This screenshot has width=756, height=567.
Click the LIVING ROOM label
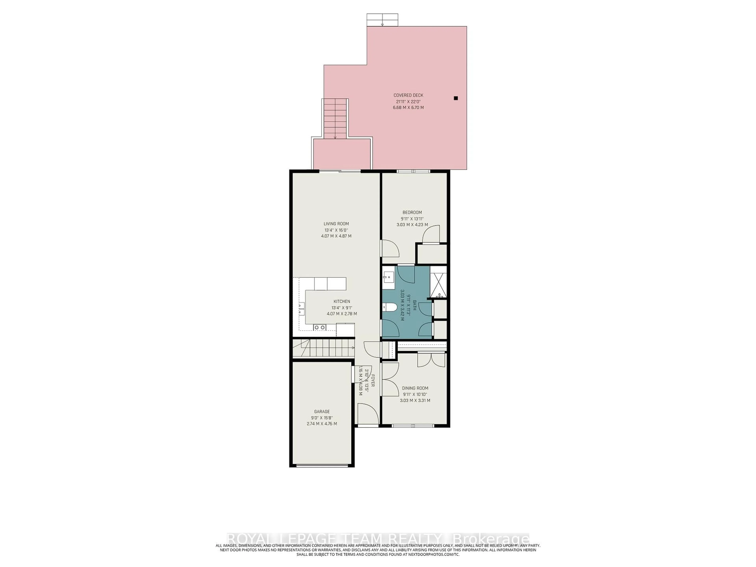pyautogui.click(x=336, y=224)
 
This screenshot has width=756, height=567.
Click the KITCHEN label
pyautogui.click(x=342, y=301)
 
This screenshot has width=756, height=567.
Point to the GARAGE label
pyautogui.click(x=322, y=411)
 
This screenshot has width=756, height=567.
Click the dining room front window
pyautogui.click(x=413, y=426)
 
